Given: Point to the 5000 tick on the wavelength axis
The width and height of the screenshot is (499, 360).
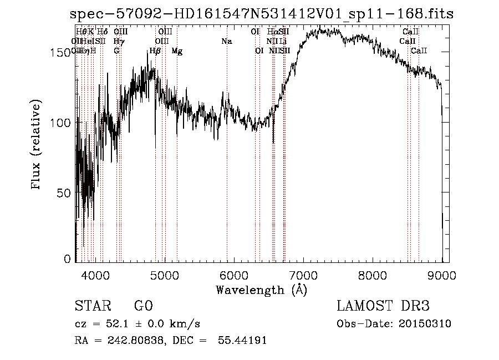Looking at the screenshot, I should click(164, 274).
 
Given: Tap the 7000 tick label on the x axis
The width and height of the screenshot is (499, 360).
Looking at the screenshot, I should click(303, 274).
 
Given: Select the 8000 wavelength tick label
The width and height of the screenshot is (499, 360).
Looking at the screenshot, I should click(373, 274).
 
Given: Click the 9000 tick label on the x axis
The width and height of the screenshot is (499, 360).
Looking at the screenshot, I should click(442, 274).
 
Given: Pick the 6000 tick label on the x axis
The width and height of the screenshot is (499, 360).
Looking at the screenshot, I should click(233, 274).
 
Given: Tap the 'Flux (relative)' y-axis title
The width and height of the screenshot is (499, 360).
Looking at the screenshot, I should click(37, 146).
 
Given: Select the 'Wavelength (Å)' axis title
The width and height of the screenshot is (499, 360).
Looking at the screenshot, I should click(262, 290).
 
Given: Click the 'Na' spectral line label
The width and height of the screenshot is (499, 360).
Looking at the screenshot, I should click(226, 41).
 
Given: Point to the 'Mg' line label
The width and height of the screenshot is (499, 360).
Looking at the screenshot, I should click(177, 51).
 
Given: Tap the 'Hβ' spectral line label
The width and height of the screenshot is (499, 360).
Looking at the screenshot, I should click(155, 51).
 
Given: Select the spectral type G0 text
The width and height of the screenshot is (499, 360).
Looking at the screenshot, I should click(143, 306).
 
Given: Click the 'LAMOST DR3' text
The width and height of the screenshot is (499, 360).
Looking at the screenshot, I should click(383, 306).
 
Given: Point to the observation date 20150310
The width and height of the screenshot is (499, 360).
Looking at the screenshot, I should click(424, 324).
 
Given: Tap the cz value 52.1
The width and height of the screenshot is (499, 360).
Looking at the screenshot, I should click(128, 324).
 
